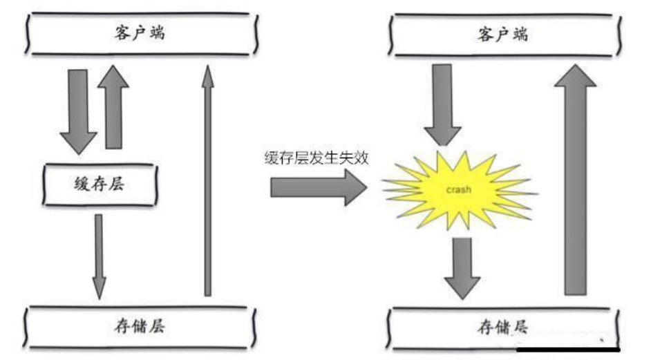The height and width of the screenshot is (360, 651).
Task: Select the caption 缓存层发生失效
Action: (317, 158)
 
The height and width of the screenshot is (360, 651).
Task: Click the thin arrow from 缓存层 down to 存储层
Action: (99, 256)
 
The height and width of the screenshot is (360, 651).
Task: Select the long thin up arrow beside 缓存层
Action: (207, 180)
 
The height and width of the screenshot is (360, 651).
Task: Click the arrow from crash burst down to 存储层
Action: (462, 266)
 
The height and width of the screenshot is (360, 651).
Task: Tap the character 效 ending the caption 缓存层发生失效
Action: (362, 158)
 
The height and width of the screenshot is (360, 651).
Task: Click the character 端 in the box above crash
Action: (520, 34)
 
